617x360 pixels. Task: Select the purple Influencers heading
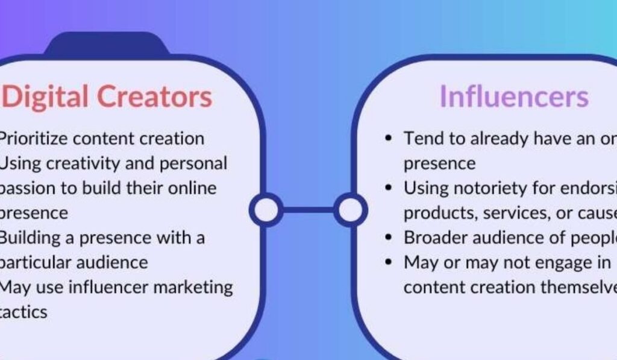[513, 96]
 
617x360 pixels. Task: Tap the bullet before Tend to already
[389, 139]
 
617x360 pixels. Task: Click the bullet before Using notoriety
[389, 189]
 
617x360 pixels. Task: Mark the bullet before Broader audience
[389, 238]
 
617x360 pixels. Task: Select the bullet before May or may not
[389, 263]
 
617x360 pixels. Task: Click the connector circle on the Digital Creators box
[265, 210]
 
